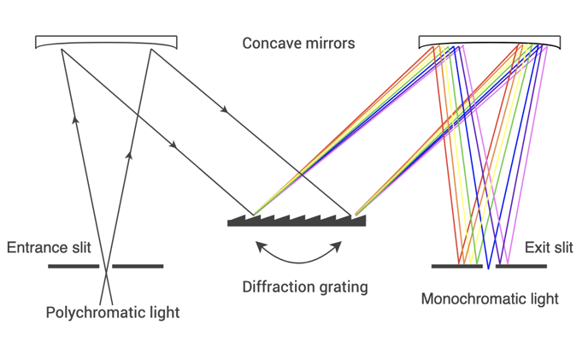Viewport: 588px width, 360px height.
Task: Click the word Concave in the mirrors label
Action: coord(267,43)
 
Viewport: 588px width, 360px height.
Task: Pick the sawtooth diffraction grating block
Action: coord(297,221)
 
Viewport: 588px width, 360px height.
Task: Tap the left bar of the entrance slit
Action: coord(73,266)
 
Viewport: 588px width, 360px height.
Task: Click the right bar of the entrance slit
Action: coord(138,266)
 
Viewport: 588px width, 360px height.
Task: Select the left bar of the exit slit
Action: coord(456,266)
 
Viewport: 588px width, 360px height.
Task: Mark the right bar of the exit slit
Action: coord(521,266)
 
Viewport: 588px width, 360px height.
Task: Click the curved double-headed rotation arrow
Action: coord(298,263)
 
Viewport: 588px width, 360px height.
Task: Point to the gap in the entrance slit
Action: coord(106,266)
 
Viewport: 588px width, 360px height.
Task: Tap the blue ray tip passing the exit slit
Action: coord(488,269)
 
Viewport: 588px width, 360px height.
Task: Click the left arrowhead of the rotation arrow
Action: coord(261,246)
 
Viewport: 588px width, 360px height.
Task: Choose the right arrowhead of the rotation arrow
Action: coord(337,246)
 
